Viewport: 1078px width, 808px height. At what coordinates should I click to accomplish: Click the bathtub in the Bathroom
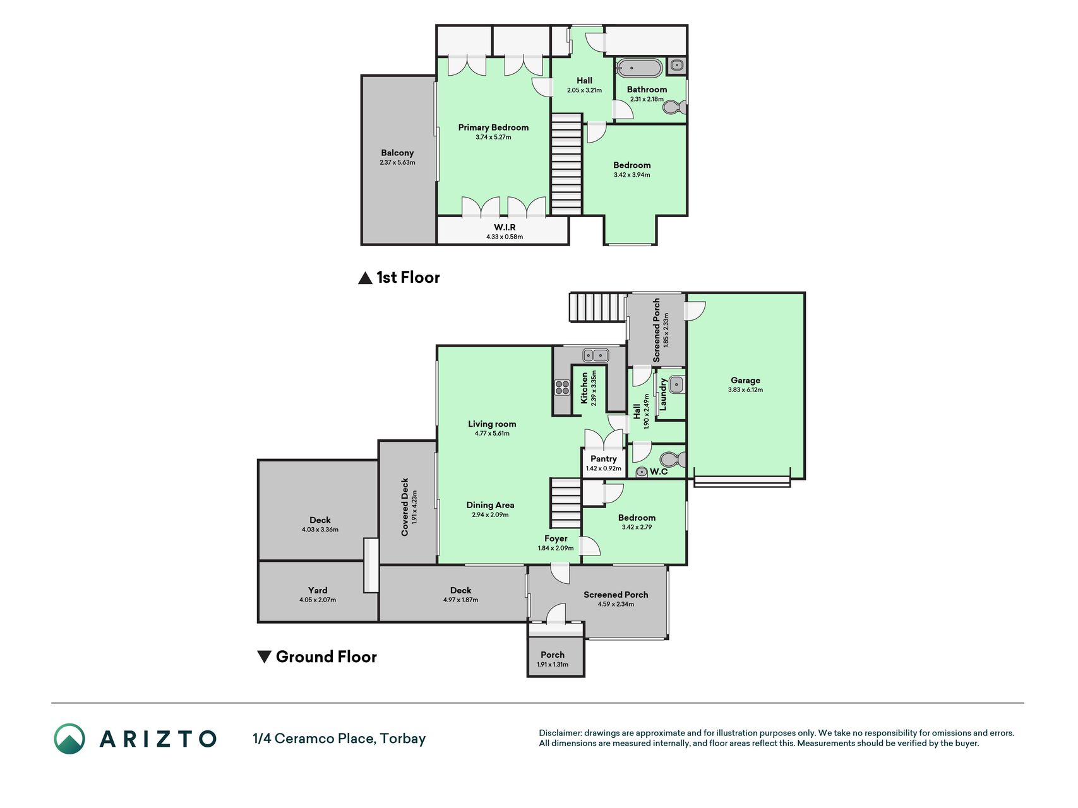[639, 67]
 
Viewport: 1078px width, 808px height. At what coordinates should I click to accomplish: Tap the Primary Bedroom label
[493, 128]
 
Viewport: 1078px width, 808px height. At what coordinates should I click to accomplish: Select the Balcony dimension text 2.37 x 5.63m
[397, 162]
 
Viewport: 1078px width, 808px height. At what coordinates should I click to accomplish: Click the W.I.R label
[505, 227]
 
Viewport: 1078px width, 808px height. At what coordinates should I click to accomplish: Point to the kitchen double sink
[596, 355]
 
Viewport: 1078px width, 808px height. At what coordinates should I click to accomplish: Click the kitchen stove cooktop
[562, 387]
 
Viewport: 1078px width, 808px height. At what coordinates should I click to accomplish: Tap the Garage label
[745, 380]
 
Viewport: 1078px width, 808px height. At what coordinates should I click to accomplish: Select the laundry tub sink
[676, 384]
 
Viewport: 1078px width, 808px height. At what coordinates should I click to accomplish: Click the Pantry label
[604, 459]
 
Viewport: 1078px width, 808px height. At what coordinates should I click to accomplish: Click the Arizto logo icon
[69, 739]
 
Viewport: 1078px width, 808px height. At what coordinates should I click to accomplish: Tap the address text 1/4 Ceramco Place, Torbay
[339, 739]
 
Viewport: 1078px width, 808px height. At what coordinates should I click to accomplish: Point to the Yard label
[318, 590]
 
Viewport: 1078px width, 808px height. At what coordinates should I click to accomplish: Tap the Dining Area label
[490, 505]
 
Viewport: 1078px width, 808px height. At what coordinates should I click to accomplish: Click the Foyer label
[556, 538]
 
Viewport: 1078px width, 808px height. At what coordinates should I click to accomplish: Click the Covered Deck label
[405, 507]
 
